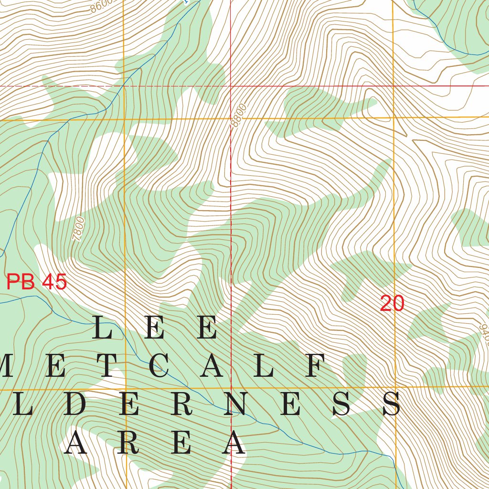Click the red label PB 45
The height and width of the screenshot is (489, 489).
[x=37, y=282]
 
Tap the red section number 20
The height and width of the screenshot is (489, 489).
[x=392, y=304]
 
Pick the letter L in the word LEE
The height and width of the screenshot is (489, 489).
[x=103, y=329]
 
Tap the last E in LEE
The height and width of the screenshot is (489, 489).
[x=208, y=329]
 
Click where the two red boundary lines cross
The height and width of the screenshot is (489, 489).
[x=231, y=86]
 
